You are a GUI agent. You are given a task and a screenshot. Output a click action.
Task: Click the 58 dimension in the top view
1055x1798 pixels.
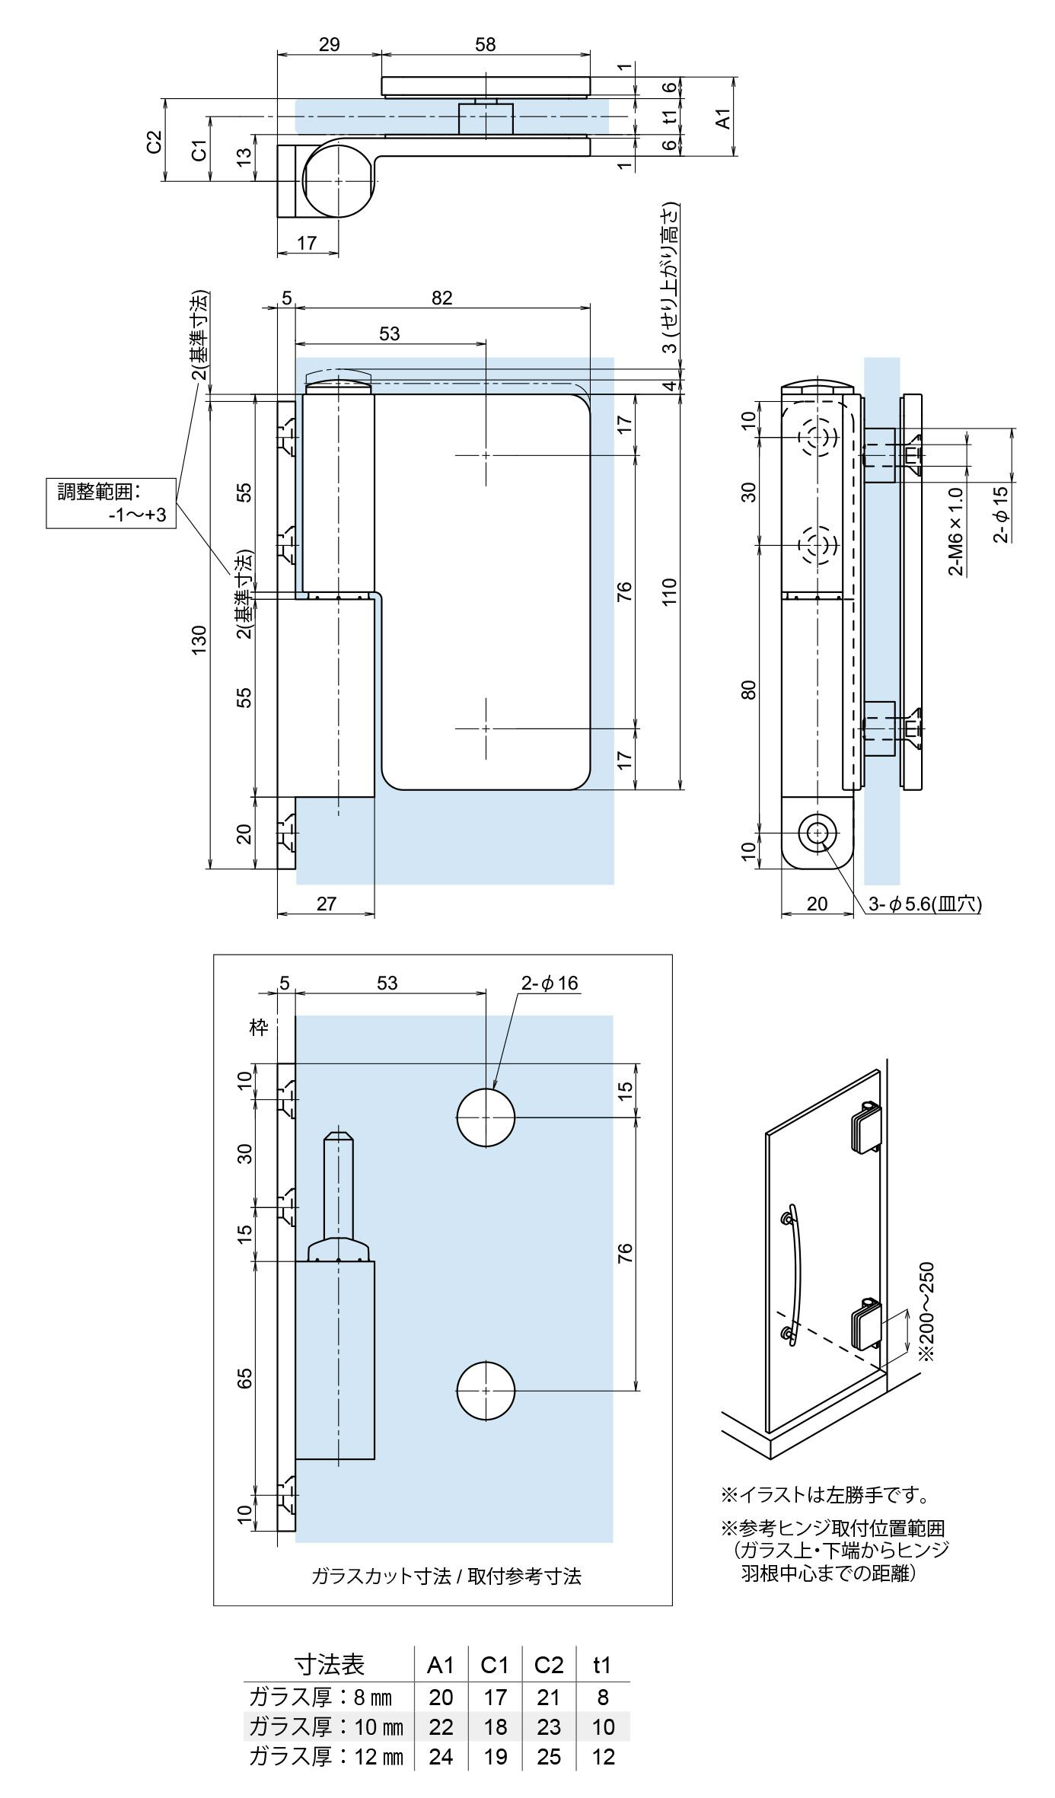tap(485, 44)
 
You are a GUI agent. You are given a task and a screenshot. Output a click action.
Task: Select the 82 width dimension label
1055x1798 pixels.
tap(441, 297)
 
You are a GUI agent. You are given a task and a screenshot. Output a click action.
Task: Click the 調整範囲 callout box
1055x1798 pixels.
tap(111, 502)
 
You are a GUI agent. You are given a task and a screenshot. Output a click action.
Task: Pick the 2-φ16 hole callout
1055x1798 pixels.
tap(549, 983)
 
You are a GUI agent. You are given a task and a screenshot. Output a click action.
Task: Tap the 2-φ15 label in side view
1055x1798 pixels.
tap(1000, 515)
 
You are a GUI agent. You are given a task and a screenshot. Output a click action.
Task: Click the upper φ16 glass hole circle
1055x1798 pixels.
tap(486, 1117)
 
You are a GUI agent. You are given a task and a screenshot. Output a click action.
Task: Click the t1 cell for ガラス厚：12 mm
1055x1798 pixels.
tap(603, 1757)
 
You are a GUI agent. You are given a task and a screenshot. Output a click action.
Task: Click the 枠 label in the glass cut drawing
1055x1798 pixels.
tap(260, 1028)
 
